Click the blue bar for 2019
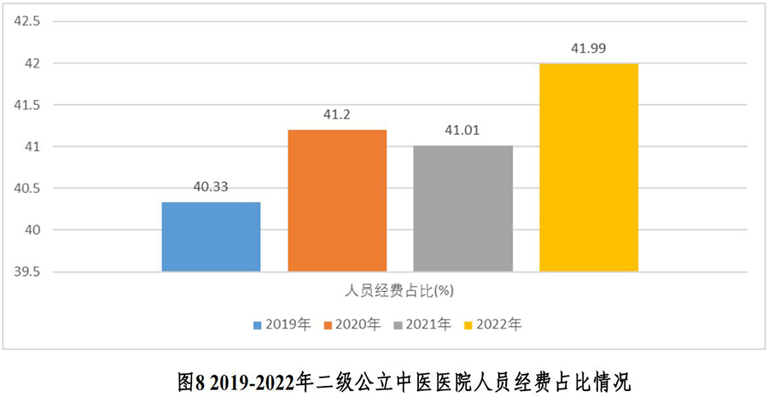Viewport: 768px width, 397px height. click(x=211, y=237)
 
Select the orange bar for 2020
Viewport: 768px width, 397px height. click(x=337, y=201)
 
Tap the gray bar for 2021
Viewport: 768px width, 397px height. click(x=463, y=209)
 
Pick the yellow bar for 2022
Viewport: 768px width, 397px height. click(x=589, y=167)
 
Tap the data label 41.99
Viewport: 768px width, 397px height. click(x=589, y=49)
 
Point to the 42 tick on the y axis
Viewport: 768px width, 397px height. click(x=32, y=63)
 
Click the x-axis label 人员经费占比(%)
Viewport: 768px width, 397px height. click(x=399, y=290)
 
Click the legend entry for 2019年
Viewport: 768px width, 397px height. click(x=281, y=324)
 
